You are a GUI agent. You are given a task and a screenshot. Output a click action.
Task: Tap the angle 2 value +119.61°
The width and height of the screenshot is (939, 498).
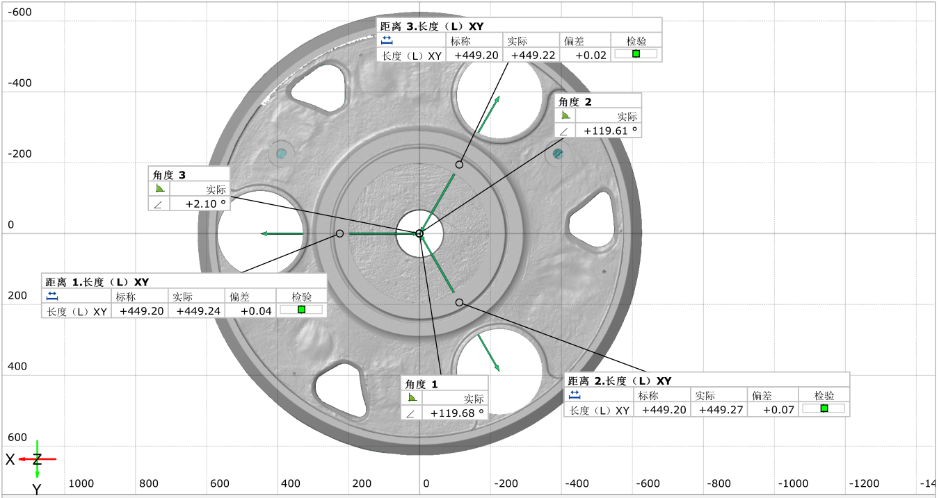tap(609, 131)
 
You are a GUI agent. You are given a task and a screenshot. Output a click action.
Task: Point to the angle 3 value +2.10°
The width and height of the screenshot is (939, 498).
tap(205, 204)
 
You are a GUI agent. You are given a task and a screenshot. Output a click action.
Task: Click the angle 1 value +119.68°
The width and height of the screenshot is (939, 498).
tap(456, 413)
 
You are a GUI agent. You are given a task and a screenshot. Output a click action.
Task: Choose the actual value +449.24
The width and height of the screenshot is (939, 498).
tap(198, 311)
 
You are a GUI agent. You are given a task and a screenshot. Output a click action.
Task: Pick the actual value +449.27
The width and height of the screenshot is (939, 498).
tap(721, 410)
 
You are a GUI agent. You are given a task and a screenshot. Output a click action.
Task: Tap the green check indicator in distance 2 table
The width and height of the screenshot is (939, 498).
tap(824, 408)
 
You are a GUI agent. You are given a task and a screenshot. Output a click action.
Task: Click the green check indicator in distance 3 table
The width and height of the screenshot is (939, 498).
tap(636, 54)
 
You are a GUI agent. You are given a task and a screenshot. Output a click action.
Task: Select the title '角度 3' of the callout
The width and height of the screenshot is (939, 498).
tap(170, 174)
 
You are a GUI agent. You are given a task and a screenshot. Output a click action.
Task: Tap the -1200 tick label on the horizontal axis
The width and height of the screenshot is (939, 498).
tap(865, 483)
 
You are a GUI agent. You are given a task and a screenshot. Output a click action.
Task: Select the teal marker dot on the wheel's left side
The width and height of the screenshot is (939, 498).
tap(281, 153)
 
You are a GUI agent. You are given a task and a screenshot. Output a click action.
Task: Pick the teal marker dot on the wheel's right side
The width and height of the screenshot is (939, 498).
tap(558, 153)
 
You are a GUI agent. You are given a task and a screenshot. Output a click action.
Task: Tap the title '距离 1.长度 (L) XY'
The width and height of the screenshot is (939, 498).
tap(97, 282)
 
